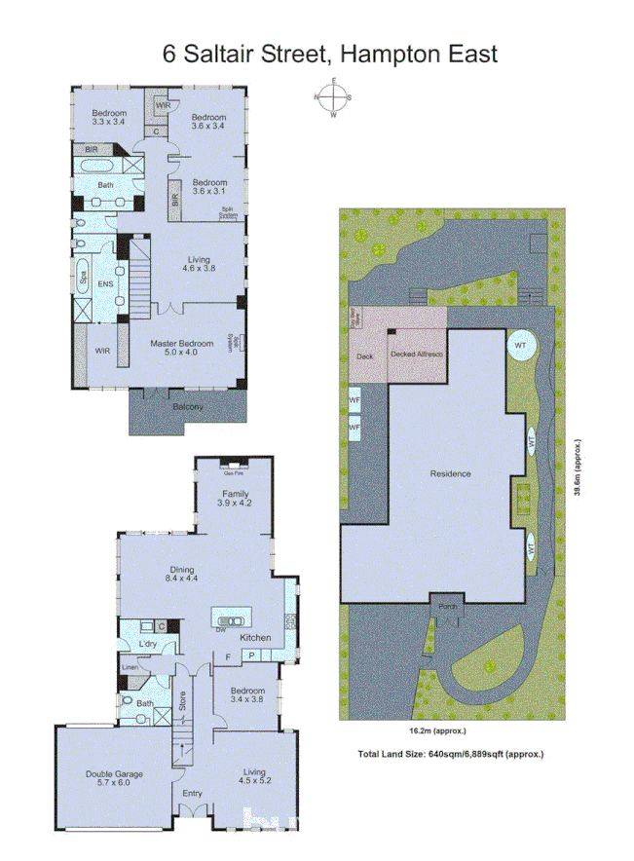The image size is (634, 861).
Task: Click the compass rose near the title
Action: [334, 98]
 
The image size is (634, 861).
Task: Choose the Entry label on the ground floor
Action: [193, 793]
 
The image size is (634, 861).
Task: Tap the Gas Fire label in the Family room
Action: [234, 473]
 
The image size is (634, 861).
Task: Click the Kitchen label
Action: [255, 637]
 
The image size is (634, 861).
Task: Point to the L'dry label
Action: [149, 646]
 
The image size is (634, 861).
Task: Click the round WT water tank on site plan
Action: [521, 347]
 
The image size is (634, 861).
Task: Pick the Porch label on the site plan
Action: [448, 607]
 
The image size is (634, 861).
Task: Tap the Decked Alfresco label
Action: [417, 355]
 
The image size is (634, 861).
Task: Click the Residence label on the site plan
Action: [451, 474]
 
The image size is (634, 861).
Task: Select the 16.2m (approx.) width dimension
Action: [436, 730]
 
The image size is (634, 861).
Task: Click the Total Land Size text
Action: [451, 754]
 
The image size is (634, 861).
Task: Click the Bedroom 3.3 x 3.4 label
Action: [110, 118]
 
